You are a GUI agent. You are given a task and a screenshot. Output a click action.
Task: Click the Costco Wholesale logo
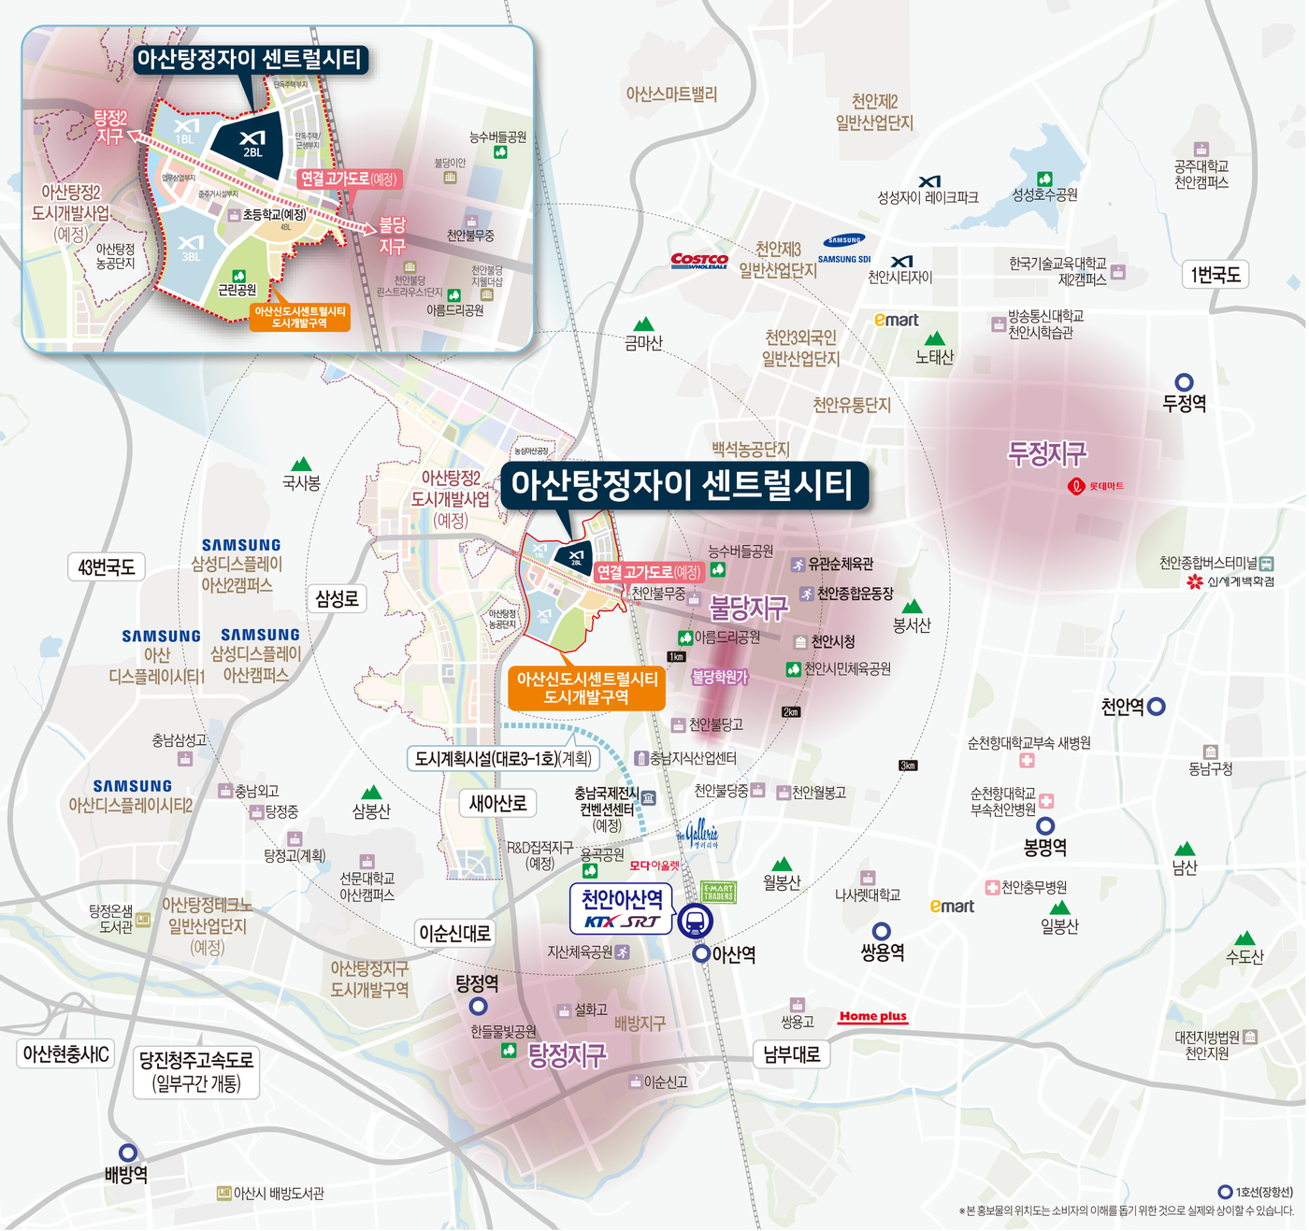(x=699, y=261)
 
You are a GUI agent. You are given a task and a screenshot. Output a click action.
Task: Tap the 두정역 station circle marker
(x=1184, y=382)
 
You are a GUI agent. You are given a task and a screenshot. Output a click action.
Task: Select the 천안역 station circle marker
(x=1157, y=707)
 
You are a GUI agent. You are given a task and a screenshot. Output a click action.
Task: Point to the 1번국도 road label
(x=1215, y=275)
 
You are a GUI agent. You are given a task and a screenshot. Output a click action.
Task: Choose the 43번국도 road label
(x=107, y=567)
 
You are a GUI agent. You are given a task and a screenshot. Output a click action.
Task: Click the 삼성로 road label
(x=337, y=598)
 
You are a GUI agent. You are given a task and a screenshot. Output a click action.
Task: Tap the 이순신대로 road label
(x=454, y=933)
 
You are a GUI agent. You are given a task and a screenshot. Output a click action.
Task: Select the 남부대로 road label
(x=791, y=1054)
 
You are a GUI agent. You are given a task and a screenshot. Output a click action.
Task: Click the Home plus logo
(x=872, y=1017)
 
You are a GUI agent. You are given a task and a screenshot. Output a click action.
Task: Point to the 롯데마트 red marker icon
(x=1076, y=486)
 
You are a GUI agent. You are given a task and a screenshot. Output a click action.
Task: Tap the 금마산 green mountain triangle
(x=643, y=324)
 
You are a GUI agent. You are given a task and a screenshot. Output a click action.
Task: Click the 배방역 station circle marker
(x=128, y=1152)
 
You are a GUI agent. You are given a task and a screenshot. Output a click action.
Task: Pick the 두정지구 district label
(x=1047, y=454)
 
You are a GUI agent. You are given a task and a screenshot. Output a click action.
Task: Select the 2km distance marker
(x=791, y=712)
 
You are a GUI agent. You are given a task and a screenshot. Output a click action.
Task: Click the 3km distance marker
(x=908, y=766)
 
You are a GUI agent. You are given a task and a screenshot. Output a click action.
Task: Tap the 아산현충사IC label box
(x=65, y=1054)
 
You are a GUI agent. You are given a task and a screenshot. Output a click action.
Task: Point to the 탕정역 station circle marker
(x=478, y=1007)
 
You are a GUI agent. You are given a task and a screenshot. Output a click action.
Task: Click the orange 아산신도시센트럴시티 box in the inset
(x=299, y=317)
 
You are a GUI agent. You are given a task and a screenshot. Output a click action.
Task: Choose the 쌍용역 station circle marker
(x=881, y=931)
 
